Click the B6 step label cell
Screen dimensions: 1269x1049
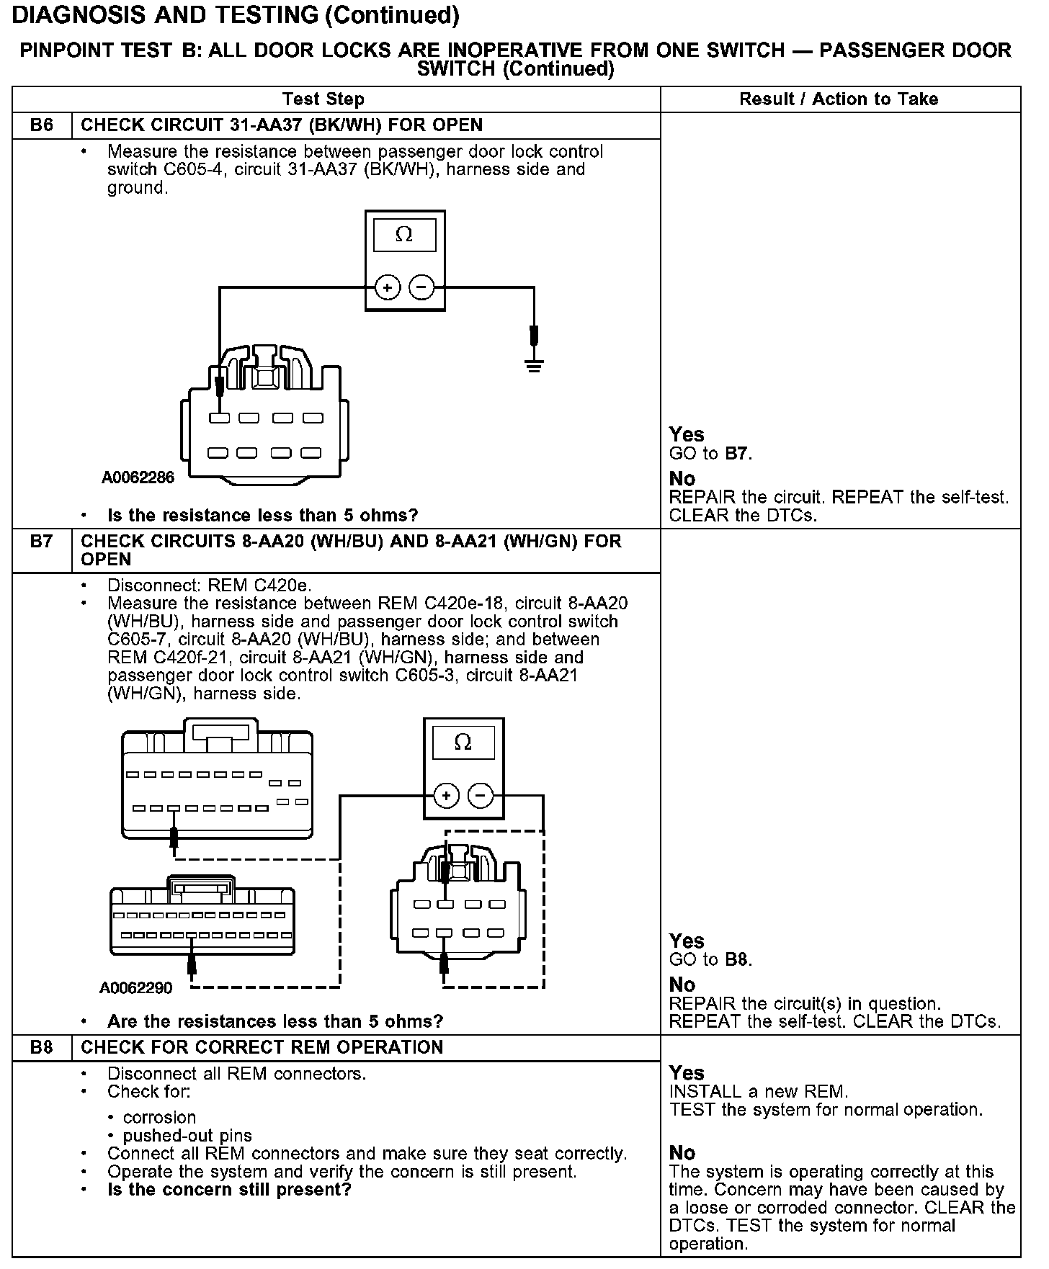click(x=42, y=125)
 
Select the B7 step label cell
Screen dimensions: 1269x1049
click(x=42, y=542)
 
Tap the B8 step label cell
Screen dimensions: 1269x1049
click(x=42, y=1047)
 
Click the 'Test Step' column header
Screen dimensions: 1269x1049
click(x=323, y=99)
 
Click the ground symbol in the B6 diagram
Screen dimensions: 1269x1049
click(x=534, y=364)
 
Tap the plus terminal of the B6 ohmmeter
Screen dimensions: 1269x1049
click(x=388, y=288)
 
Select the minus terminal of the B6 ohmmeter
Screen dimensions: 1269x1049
click(x=421, y=288)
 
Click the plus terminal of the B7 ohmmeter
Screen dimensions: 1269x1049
click(x=447, y=796)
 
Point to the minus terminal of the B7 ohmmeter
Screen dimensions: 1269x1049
click(x=481, y=796)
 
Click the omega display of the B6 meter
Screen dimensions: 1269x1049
click(x=404, y=235)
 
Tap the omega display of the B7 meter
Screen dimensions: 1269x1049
click(x=463, y=743)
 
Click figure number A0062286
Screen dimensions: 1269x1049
click(x=138, y=478)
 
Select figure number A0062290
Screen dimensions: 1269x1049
click(x=136, y=987)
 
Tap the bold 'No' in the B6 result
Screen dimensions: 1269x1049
click(x=682, y=479)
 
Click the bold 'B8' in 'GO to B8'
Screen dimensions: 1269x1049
click(x=737, y=959)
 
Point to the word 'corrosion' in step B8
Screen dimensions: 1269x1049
click(x=159, y=1117)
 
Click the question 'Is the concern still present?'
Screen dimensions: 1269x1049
click(x=229, y=1189)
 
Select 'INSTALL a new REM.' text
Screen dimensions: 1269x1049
click(x=759, y=1091)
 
